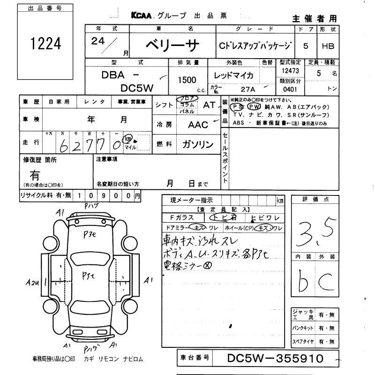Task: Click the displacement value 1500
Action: click(x=187, y=80)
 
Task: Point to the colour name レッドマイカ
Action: click(x=233, y=75)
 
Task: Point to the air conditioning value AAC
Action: click(x=197, y=125)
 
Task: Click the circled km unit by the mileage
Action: click(x=127, y=139)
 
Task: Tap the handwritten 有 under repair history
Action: click(x=35, y=176)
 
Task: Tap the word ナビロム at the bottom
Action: click(x=132, y=359)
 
